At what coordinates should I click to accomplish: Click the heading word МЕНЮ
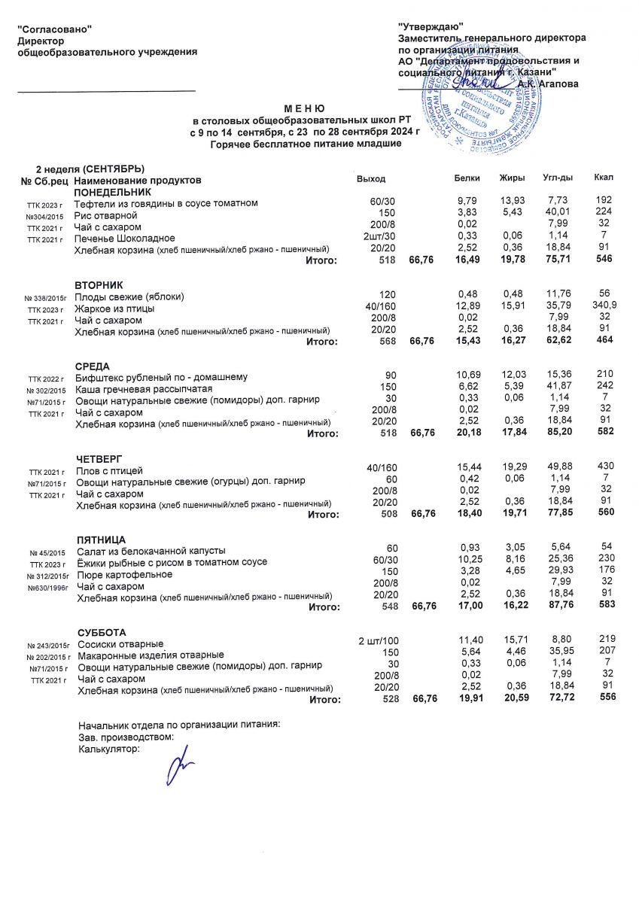[x=305, y=109]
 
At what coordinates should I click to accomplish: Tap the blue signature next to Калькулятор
[x=181, y=768]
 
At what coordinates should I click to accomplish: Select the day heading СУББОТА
[x=102, y=632]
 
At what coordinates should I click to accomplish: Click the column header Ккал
[x=604, y=178]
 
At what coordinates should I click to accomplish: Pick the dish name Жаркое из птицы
[x=114, y=309]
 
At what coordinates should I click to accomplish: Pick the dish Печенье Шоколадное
[x=124, y=239]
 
